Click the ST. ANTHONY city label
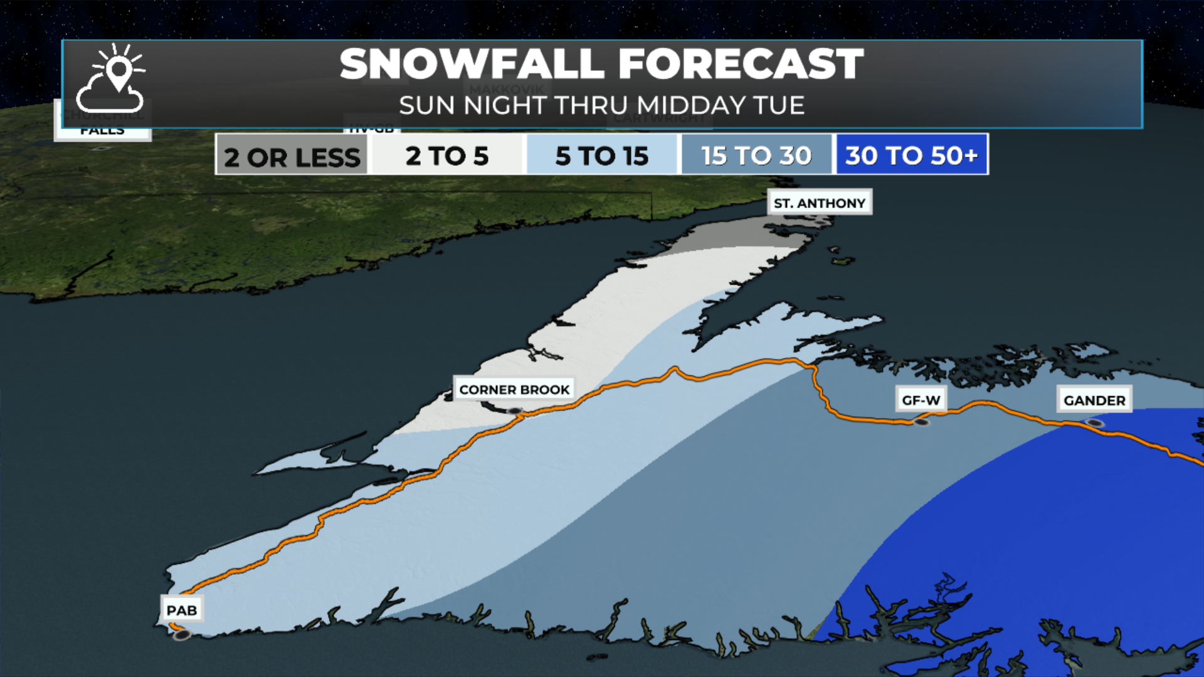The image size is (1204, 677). click(x=819, y=202)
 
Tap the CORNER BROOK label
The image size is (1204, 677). click(x=514, y=389)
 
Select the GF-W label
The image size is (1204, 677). click(x=921, y=400)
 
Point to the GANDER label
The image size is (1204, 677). click(x=1094, y=400)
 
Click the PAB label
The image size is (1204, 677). click(x=181, y=610)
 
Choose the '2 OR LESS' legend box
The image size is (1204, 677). click(x=292, y=155)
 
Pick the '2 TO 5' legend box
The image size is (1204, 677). click(x=446, y=155)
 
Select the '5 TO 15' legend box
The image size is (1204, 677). click(x=601, y=155)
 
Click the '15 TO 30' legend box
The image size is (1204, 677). click(x=756, y=155)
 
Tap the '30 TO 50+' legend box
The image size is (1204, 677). click(x=911, y=155)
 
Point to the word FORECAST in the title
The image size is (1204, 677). click(x=741, y=64)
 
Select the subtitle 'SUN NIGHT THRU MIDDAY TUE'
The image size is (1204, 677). click(x=601, y=105)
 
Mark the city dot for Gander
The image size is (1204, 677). click(x=1095, y=424)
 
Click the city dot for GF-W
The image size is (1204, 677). click(x=921, y=422)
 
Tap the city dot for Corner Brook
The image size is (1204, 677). click(x=515, y=411)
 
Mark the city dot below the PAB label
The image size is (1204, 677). click(x=182, y=636)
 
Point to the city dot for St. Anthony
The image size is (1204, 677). click(x=821, y=222)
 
